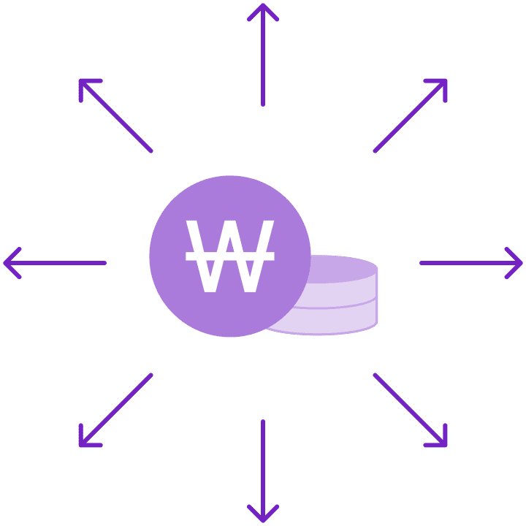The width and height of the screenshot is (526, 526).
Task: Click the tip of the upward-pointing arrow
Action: (263, 5)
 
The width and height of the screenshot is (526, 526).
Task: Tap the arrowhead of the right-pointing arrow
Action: (519, 262)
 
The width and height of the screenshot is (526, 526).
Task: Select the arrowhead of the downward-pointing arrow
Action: (263, 519)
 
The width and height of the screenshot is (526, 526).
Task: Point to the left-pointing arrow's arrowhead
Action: (7, 262)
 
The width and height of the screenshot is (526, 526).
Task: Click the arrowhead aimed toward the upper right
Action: (443, 83)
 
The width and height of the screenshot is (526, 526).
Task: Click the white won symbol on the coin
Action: (230, 256)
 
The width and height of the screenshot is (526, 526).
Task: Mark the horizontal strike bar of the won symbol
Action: (230, 256)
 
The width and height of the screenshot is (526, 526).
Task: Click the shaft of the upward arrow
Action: (263, 66)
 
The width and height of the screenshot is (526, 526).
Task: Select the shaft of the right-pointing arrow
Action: (460, 262)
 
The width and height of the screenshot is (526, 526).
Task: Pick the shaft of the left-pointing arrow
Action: (66, 262)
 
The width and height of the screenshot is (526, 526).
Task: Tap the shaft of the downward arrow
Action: (263, 460)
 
